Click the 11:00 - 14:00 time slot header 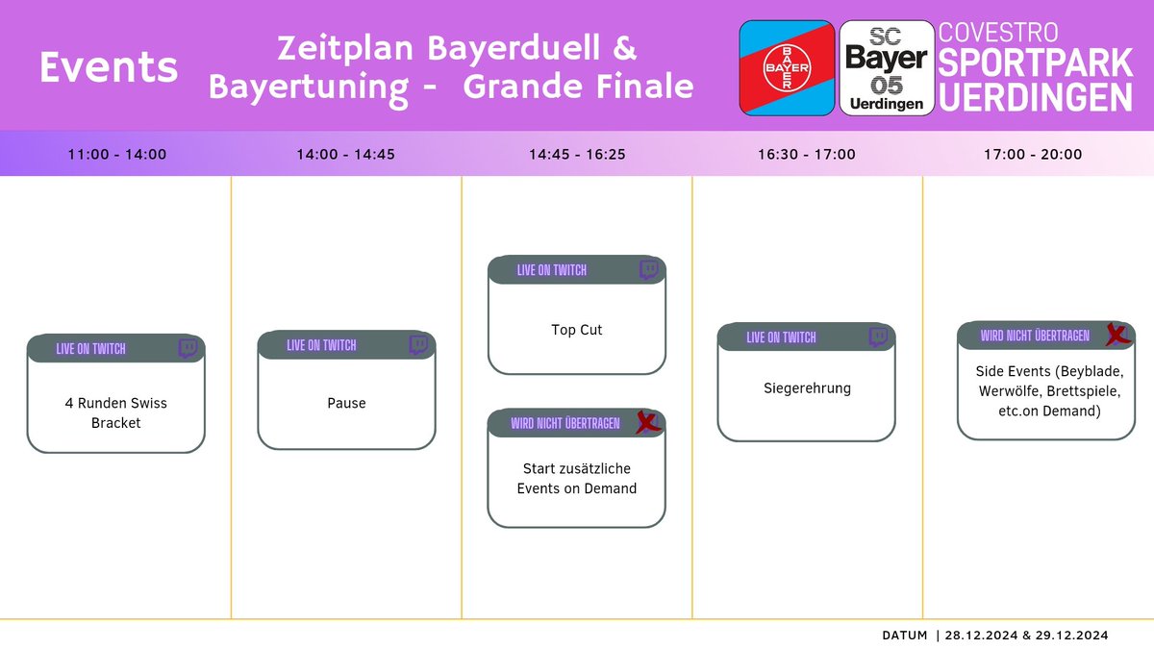116,154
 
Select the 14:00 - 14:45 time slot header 346,154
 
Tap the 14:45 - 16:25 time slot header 577,154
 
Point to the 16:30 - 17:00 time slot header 807,154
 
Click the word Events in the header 109,67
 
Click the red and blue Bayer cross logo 787,68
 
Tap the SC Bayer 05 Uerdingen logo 886,68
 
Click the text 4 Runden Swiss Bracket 116,412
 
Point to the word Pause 346,403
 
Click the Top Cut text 577,330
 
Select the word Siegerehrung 807,388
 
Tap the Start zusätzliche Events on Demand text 577,478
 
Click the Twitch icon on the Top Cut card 649,270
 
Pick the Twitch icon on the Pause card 418,345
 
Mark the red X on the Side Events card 1116,335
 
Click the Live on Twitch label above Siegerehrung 781,337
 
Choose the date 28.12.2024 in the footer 979,635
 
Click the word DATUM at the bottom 905,635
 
